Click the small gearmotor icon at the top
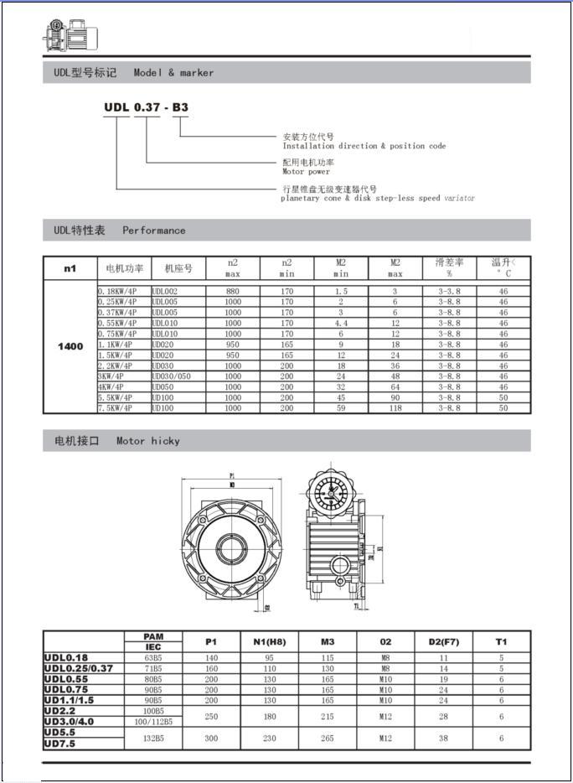(70, 34)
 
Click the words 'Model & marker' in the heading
(173, 73)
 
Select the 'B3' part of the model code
(180, 107)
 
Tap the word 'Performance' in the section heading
(154, 231)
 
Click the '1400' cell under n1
(70, 347)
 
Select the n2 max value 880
(232, 291)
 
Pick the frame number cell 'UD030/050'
(172, 376)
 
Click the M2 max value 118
(395, 408)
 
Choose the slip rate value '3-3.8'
(449, 291)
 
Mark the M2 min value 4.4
(341, 323)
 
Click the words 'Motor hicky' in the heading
(148, 441)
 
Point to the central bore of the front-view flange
(230, 548)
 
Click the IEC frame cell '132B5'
(152, 739)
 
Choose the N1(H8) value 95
(270, 659)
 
